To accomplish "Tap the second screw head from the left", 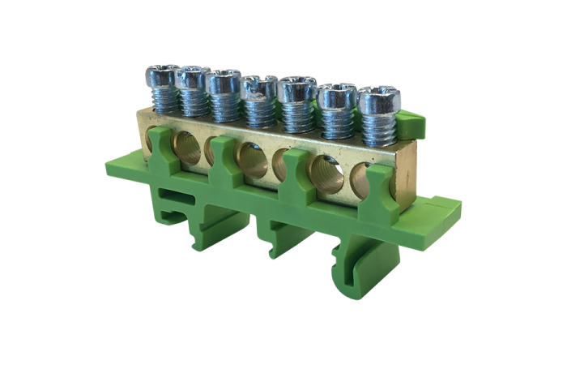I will coord(193,78).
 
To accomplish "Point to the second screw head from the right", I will coord(331,97).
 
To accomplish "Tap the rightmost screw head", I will coord(374,101).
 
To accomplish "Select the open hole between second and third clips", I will coord(253,159).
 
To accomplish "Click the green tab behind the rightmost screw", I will coord(413,123).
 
